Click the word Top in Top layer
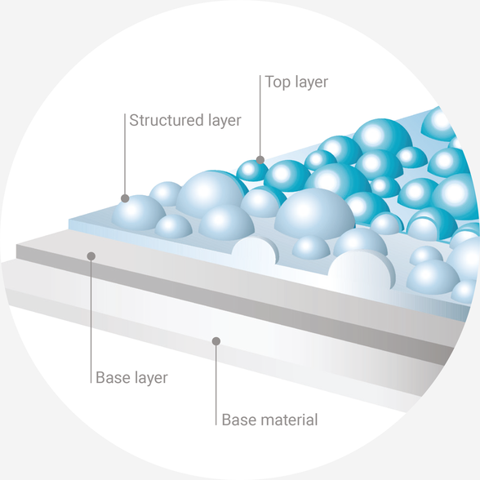pos(278,82)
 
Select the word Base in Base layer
pos(110,377)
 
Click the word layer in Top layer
pos(312,82)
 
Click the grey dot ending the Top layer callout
pos(260,160)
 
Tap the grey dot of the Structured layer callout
pos(125,198)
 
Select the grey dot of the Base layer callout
pos(91,256)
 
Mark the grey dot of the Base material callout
pos(216,341)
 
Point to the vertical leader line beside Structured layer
pos(125,154)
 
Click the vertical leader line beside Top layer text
pos(260,116)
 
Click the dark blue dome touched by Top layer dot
pos(252,171)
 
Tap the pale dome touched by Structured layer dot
pos(139,213)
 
